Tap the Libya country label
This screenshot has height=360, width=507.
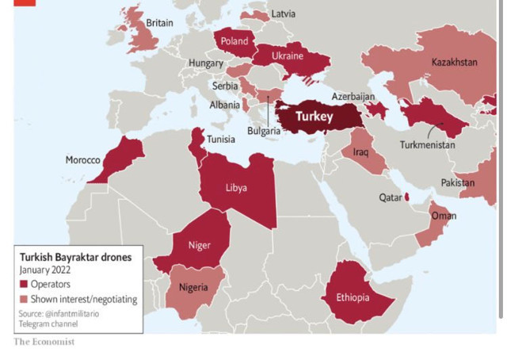[235, 188]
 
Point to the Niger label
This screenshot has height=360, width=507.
[199, 245]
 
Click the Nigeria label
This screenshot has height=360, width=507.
[194, 287]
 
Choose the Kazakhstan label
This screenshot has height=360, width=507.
[454, 62]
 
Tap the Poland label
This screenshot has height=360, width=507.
[234, 41]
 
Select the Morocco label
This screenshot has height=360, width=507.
[82, 161]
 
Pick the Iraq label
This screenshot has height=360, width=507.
[360, 151]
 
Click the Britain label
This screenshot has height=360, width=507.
[159, 23]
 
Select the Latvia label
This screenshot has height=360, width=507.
[283, 14]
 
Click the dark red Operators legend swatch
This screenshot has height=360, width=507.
[24, 285]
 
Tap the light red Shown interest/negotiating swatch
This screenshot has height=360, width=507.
[24, 299]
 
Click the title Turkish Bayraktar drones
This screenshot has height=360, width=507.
[74, 257]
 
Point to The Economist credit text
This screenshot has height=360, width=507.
[44, 342]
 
